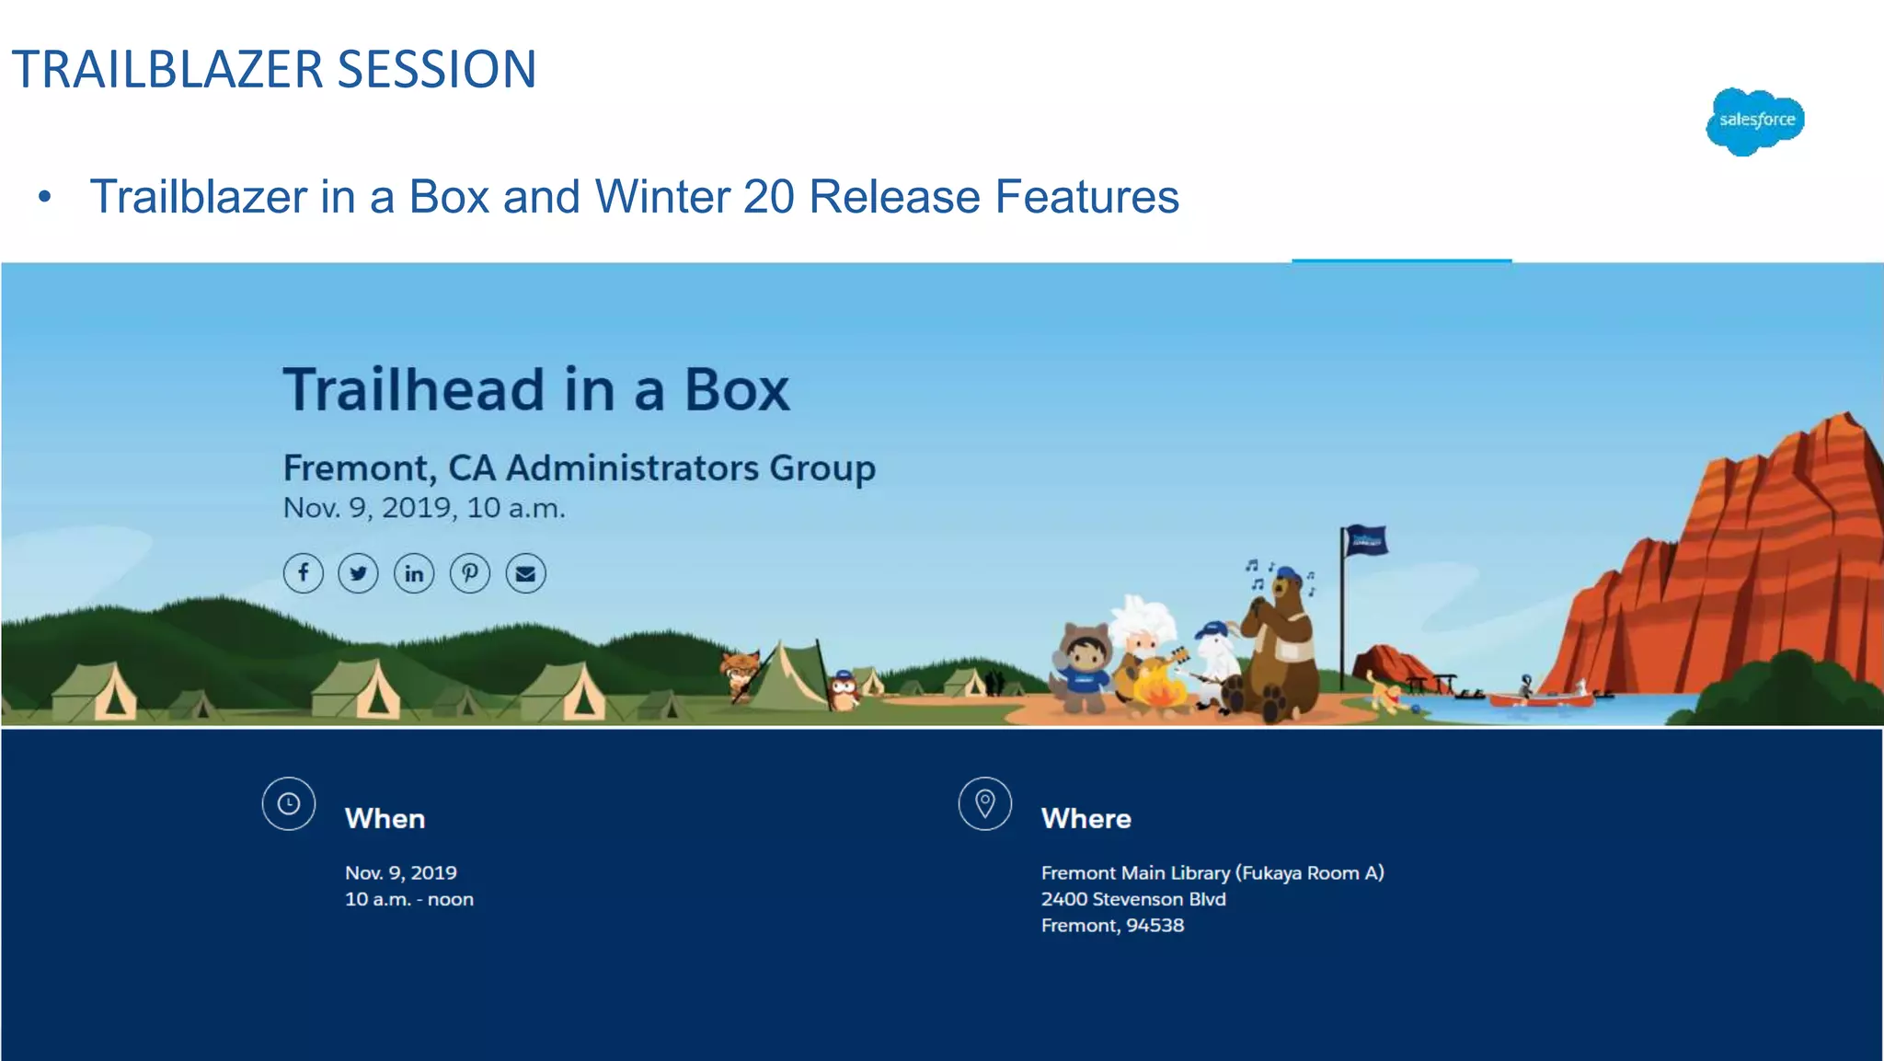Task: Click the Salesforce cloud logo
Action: (1755, 121)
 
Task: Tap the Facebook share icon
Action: (303, 573)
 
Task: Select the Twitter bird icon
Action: (358, 573)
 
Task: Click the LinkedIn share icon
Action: (414, 573)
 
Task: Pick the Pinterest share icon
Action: (470, 573)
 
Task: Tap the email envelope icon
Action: (525, 573)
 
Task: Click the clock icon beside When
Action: (289, 803)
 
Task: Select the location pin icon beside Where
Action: (984, 803)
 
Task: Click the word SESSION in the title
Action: (436, 70)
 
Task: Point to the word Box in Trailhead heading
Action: (736, 390)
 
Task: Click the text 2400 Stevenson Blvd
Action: (1132, 899)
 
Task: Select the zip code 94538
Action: (1155, 926)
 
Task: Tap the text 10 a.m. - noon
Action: (408, 899)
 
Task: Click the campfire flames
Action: (1160, 689)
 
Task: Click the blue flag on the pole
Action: (1366, 541)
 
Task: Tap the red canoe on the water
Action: (1541, 700)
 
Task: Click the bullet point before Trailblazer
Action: (44, 197)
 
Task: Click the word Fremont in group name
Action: (357, 468)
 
